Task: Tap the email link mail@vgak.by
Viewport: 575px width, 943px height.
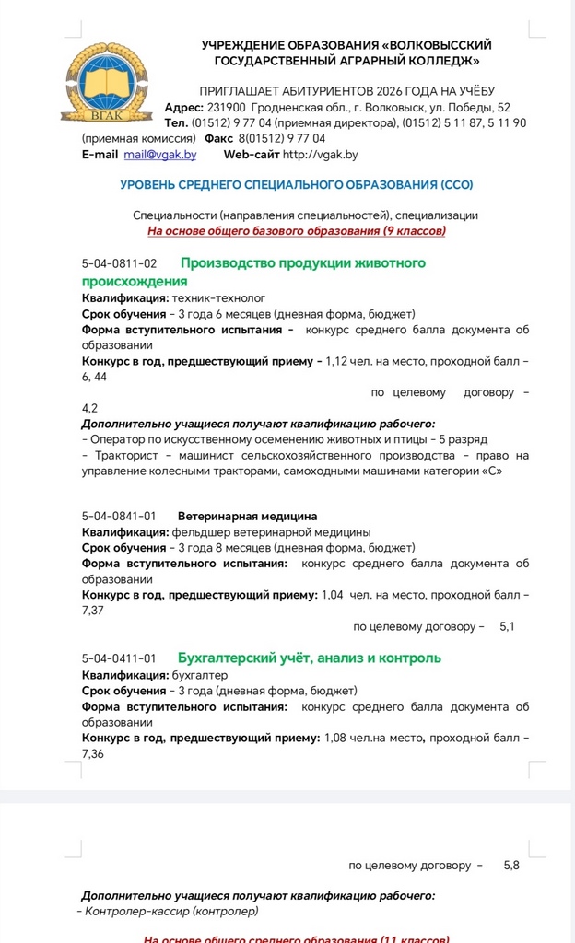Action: [160, 155]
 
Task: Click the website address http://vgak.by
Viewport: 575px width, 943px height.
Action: [320, 155]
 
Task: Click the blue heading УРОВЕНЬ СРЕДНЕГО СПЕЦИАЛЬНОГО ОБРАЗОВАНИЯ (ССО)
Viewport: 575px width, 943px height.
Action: [296, 185]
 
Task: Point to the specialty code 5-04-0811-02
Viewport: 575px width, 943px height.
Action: [119, 263]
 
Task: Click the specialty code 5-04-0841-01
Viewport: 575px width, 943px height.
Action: [119, 516]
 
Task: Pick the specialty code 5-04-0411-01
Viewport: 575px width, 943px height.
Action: [119, 658]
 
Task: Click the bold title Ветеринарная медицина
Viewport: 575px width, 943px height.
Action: [247, 516]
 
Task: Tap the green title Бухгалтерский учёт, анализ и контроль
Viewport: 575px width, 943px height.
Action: [309, 658]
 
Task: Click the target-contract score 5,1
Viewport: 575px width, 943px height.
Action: [507, 626]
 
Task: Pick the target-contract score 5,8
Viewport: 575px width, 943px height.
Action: [511, 866]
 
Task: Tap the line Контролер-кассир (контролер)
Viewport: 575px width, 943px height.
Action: [170, 911]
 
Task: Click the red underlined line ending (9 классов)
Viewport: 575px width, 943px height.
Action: [297, 231]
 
